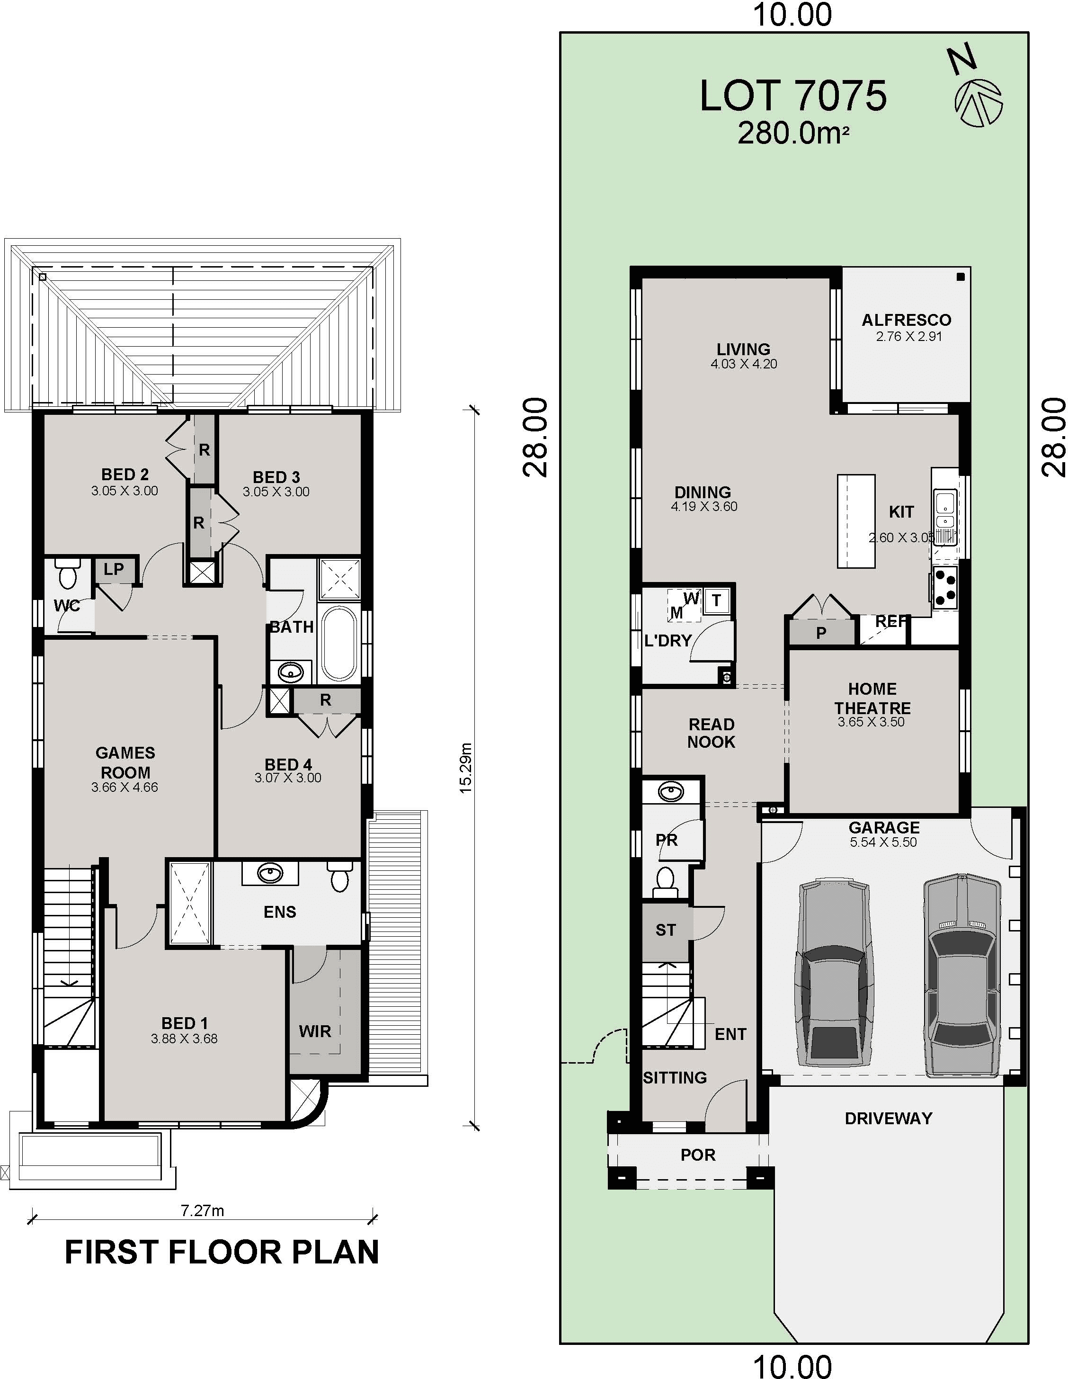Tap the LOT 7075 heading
[793, 96]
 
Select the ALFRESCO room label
[907, 320]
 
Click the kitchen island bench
[856, 521]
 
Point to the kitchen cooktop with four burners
[945, 587]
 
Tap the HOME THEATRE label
[872, 698]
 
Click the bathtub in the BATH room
[339, 644]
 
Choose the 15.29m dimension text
[465, 768]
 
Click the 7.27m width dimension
[203, 1210]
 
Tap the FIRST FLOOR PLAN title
[222, 1253]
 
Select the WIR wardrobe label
[315, 1031]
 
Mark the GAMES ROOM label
[125, 762]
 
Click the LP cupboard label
[114, 569]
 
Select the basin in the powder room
[670, 792]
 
